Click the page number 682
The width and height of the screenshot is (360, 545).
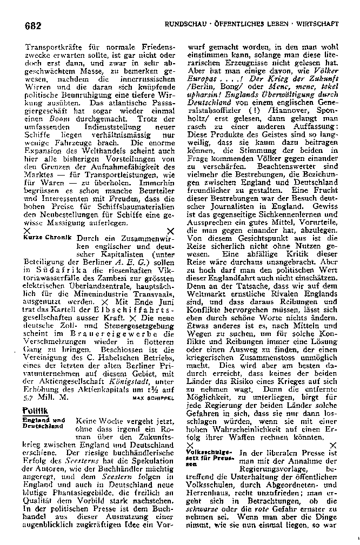[x=34, y=25]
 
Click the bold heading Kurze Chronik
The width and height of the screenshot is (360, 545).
[x=48, y=238]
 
